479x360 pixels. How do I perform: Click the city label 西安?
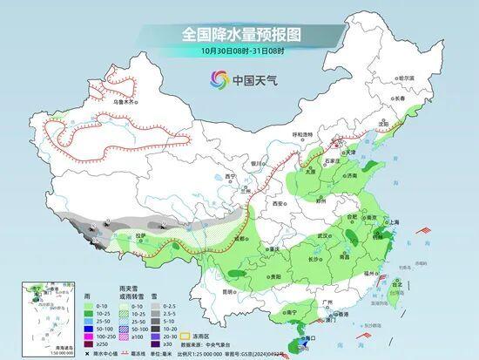[x=278, y=203]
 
